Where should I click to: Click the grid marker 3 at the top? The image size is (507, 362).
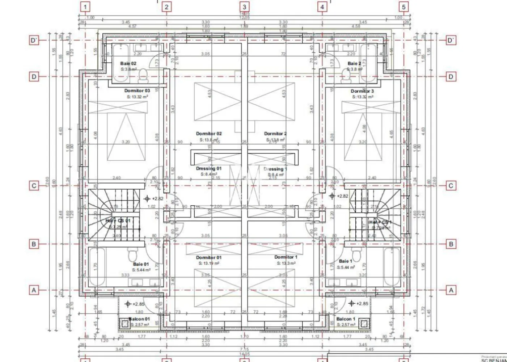[x=244, y=7]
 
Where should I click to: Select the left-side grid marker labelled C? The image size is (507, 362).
[x=34, y=186]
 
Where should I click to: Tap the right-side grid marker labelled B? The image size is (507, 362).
[x=451, y=244]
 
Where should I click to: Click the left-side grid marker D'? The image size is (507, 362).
[x=34, y=40]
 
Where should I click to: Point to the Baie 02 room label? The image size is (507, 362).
[x=128, y=63]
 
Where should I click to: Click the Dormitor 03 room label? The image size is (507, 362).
[x=137, y=90]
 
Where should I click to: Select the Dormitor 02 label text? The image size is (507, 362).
[x=209, y=134]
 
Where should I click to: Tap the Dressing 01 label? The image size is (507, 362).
[x=209, y=168]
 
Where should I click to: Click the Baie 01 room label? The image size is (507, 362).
[x=141, y=264]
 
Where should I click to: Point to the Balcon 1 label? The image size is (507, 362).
[x=346, y=319]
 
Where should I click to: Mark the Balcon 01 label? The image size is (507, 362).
[x=139, y=319]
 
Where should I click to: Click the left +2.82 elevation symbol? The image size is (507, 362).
[x=147, y=198]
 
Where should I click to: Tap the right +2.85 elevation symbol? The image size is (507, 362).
[x=351, y=303]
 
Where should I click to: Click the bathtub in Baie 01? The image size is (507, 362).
[x=97, y=266]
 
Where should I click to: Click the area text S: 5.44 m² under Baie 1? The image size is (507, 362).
[x=346, y=267]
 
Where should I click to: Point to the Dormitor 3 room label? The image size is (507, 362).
[x=362, y=91]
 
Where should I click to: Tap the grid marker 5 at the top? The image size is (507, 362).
[x=404, y=7]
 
